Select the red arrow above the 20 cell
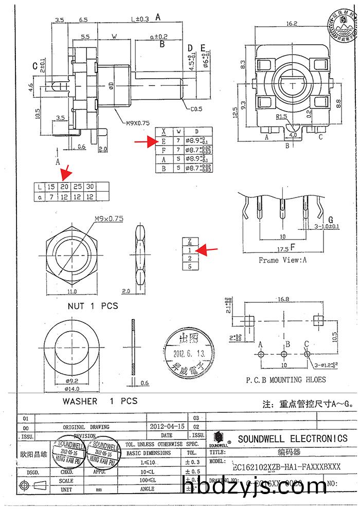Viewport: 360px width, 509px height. [66, 172]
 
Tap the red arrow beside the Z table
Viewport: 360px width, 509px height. [207, 250]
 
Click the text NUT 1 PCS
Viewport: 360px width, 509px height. [93, 306]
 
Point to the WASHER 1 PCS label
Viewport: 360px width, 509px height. [100, 401]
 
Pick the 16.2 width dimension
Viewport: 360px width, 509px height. [292, 23]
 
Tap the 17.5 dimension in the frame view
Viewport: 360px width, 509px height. [282, 249]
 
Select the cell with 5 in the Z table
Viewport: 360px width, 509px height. [190, 266]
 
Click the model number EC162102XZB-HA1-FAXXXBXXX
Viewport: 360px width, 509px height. [286, 467]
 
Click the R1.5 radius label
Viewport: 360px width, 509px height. [281, 117]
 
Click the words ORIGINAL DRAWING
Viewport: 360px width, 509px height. [86, 427]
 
